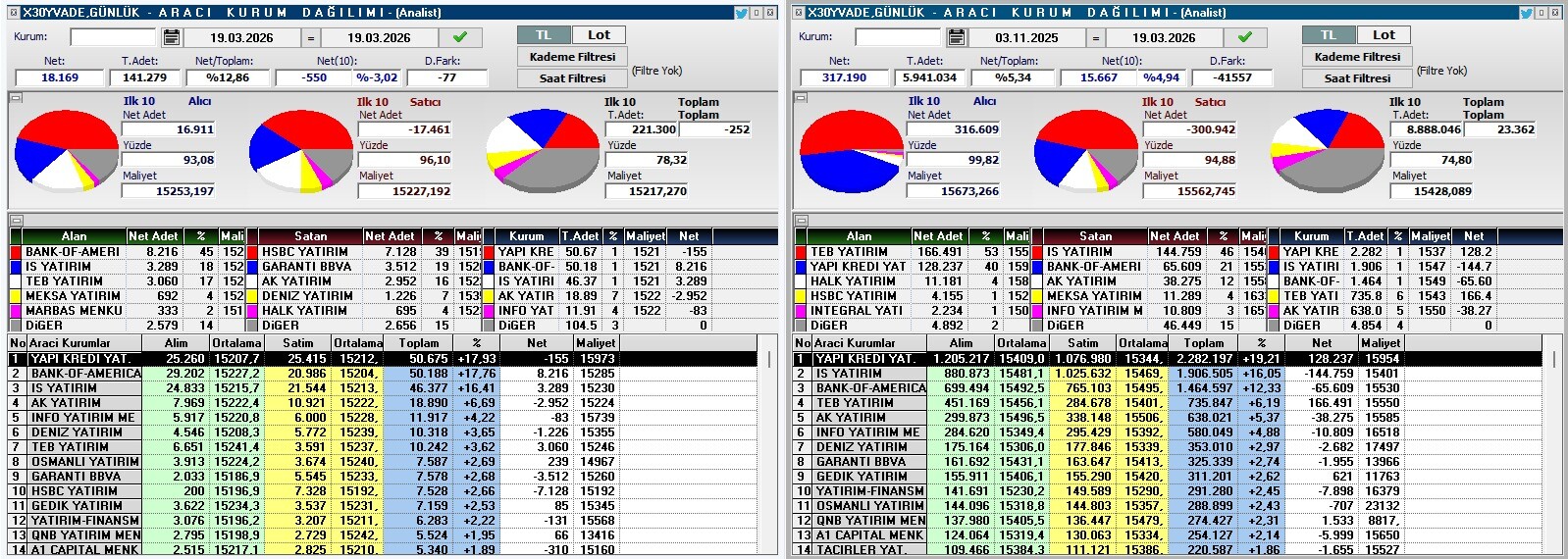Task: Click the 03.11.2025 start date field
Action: (x=1026, y=37)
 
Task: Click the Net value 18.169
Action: (x=60, y=77)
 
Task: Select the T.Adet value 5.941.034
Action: (x=929, y=77)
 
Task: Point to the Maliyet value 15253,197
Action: (x=168, y=191)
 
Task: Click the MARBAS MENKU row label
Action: (x=74, y=311)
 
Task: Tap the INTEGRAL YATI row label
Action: (x=856, y=311)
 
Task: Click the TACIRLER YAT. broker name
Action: (x=861, y=550)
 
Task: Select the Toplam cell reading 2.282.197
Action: (x=1203, y=359)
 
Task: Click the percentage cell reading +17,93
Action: (x=477, y=359)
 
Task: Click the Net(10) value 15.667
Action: (x=1099, y=77)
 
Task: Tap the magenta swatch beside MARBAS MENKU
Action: (x=16, y=311)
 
